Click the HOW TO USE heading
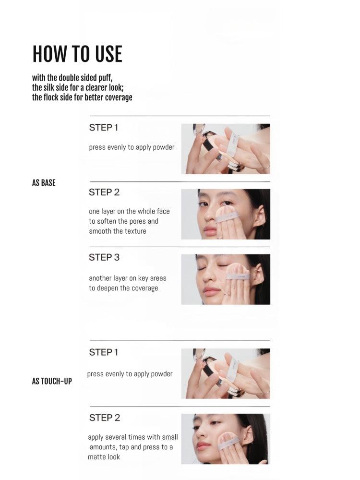point(77,54)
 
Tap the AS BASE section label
point(44,183)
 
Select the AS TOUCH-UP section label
point(52,381)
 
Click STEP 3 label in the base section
point(104,257)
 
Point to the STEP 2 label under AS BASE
point(104,192)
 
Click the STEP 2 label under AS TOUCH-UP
point(105,418)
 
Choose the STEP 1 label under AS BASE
point(103,128)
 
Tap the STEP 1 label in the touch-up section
point(103,352)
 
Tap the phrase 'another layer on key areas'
point(128,278)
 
